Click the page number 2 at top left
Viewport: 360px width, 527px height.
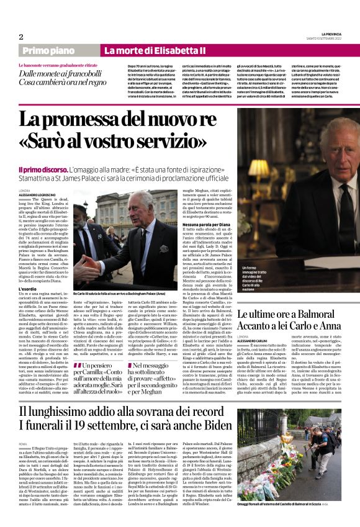point(20,37)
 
